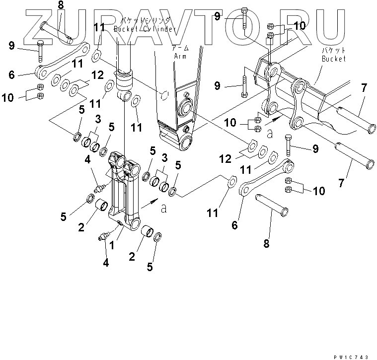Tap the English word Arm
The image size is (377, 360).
pyautogui.click(x=179, y=56)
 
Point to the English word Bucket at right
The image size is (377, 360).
pyautogui.click(x=333, y=59)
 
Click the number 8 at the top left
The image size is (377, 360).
pyautogui.click(x=61, y=6)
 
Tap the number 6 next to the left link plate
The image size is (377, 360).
pyautogui.click(x=11, y=75)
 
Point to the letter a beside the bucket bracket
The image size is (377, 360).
pyautogui.click(x=270, y=133)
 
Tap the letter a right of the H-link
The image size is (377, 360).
pyautogui.click(x=164, y=209)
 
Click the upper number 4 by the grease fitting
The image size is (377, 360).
pyautogui.click(x=88, y=159)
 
